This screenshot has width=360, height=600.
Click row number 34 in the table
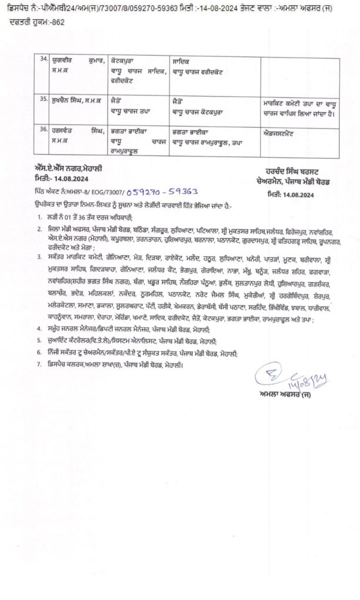(x=40, y=60)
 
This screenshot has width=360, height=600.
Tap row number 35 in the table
(x=40, y=100)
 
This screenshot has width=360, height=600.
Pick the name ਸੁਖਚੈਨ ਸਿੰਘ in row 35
(x=70, y=100)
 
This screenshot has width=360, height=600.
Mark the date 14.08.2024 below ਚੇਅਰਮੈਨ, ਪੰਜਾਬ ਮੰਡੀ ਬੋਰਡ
(x=287, y=193)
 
